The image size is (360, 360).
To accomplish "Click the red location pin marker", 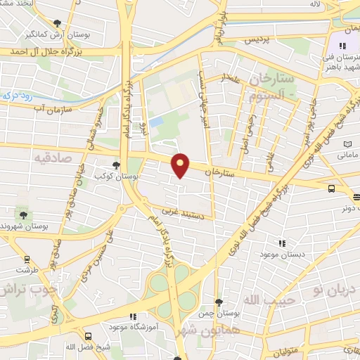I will [181, 165].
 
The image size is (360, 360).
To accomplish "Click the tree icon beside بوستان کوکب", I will [116, 165].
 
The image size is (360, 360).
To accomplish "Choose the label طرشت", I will [27, 269].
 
